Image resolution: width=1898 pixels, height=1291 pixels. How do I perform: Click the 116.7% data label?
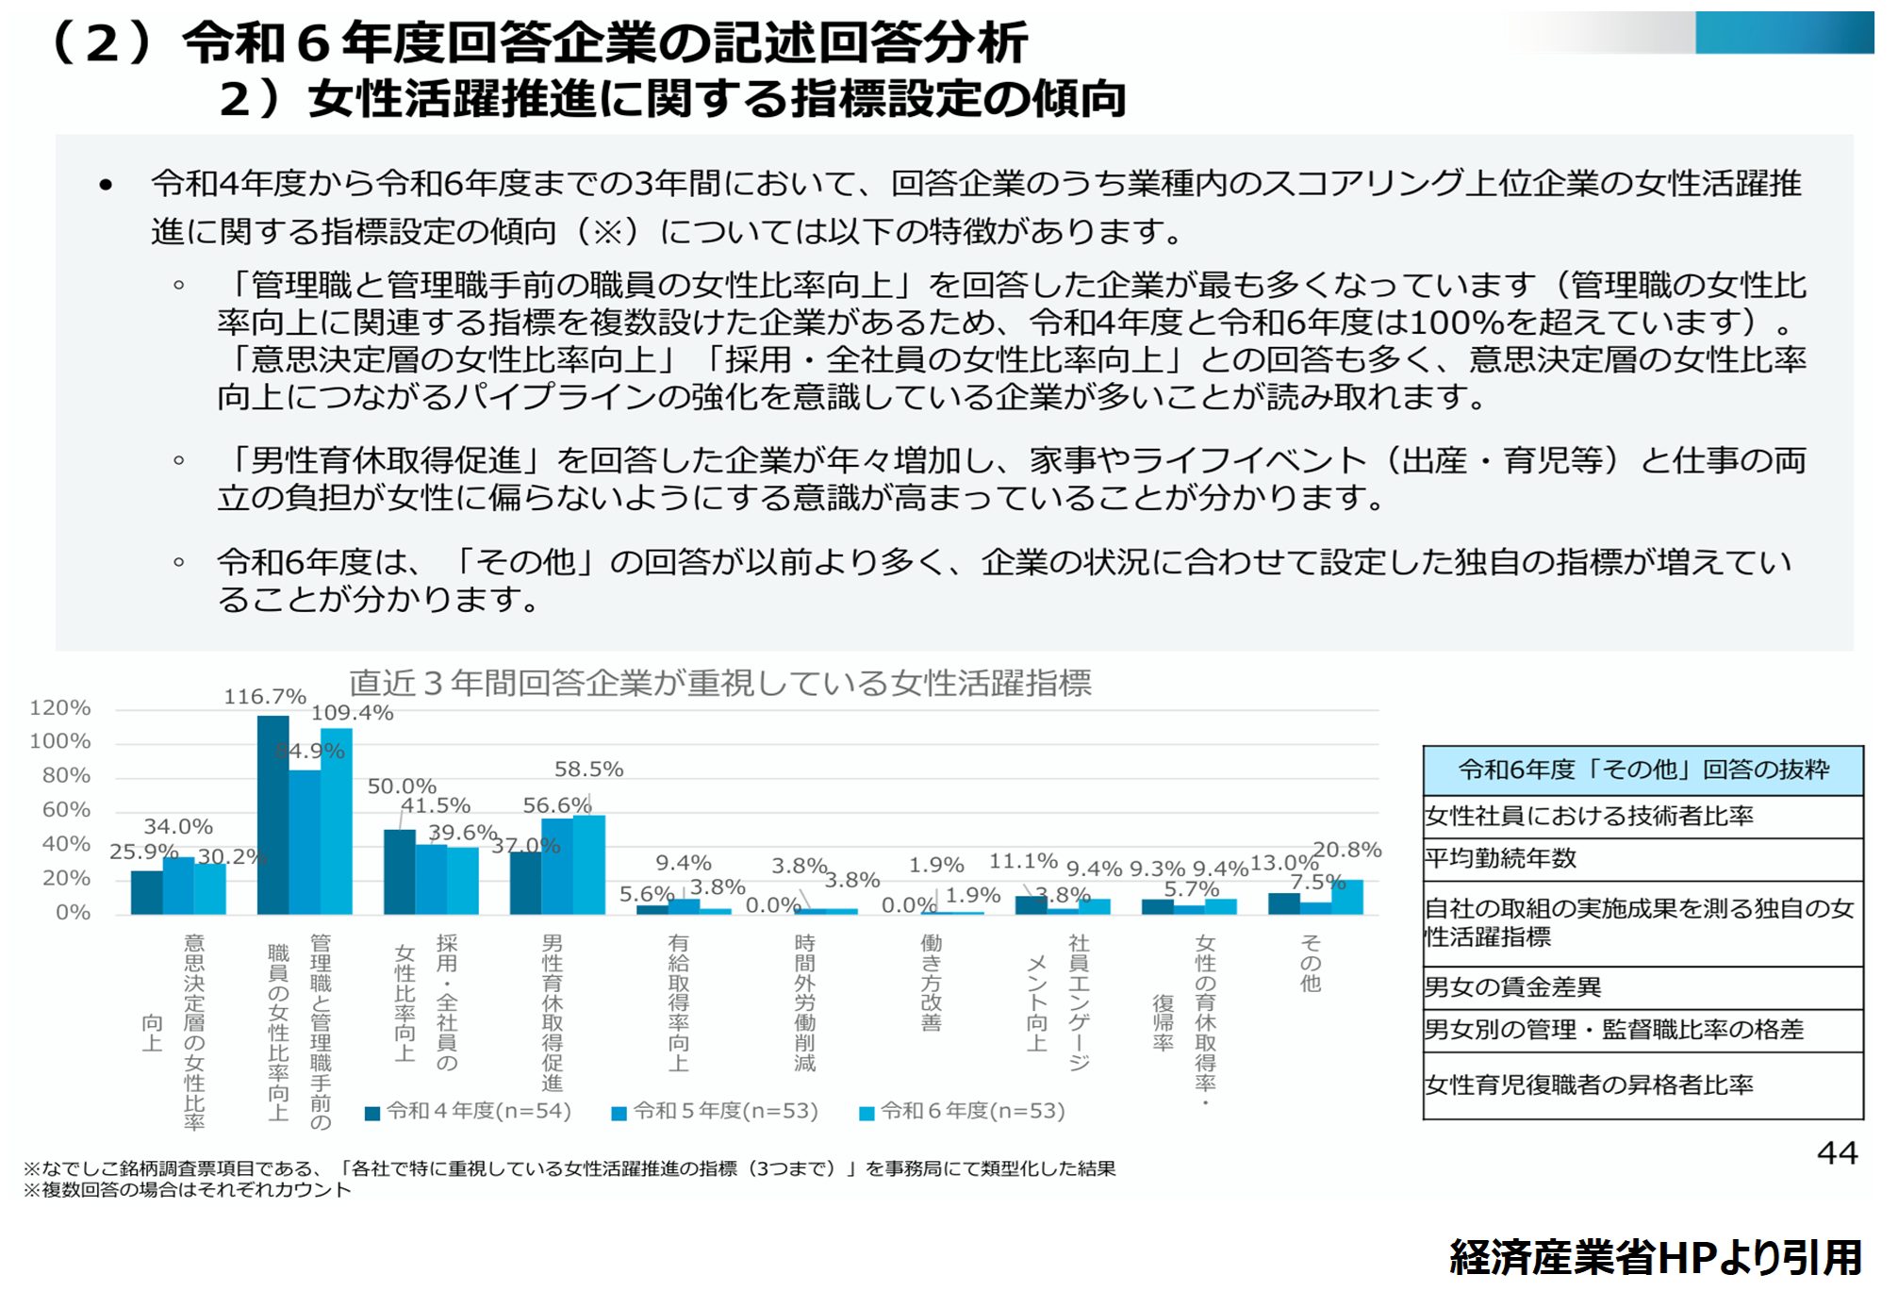coord(264,697)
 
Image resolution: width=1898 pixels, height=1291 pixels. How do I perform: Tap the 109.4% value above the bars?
coord(352,713)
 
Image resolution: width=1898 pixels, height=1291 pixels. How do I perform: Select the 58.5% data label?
coord(588,770)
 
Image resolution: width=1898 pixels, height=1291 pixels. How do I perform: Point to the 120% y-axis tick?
coord(60,708)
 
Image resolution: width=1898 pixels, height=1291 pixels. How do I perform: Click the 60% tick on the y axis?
coord(66,810)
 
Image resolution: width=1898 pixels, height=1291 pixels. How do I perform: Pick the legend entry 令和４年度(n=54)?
coord(469,1112)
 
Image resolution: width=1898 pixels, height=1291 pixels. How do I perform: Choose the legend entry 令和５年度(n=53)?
coord(716,1112)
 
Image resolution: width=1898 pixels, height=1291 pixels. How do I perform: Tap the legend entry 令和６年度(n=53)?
coord(963,1112)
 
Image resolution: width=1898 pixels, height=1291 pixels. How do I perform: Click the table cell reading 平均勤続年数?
coord(1499,859)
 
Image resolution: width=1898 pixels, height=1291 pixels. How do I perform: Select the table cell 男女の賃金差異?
coord(1512,987)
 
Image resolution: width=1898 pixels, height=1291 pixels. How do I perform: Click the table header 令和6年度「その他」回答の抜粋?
coord(1642,770)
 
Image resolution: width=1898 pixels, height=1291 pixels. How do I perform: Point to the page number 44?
coord(1837,1153)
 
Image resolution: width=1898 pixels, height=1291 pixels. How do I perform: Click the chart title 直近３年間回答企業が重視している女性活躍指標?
coord(720,683)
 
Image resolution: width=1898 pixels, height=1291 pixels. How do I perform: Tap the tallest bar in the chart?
coord(272,815)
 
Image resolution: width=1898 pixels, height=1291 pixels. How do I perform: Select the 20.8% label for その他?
coord(1346,850)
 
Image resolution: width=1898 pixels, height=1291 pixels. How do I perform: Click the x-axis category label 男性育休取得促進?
coord(553,1013)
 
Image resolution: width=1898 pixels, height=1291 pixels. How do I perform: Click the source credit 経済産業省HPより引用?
coord(1655,1258)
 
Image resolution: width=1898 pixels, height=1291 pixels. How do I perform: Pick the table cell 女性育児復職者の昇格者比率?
coord(1589,1085)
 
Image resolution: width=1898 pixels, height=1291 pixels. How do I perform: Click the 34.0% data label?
coord(178,827)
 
